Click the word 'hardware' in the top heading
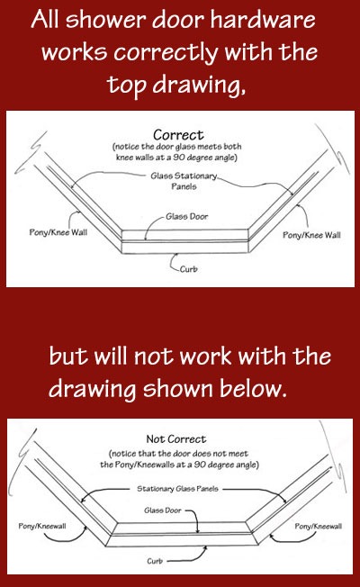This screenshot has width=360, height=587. [263, 19]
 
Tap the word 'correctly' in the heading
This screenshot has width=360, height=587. [166, 53]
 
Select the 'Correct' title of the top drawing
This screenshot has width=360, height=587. [178, 135]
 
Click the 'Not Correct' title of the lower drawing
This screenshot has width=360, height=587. [175, 438]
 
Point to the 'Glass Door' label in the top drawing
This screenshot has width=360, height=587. [186, 216]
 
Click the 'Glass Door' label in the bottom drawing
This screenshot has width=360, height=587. [162, 510]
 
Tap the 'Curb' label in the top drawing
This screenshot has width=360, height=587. [188, 269]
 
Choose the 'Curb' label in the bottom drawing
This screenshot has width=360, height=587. [155, 561]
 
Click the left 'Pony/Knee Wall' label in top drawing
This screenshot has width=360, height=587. [58, 232]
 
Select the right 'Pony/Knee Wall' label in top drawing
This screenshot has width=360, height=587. [311, 235]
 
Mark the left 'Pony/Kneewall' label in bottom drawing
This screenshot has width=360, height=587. [42, 526]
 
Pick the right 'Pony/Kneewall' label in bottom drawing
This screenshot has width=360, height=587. [318, 526]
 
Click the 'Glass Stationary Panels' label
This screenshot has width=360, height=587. [184, 181]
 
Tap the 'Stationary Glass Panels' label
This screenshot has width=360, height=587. [177, 489]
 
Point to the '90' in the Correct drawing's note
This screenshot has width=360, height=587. [178, 158]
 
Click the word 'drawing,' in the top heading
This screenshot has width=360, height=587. [199, 85]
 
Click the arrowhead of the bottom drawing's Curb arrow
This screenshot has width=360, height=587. [204, 548]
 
